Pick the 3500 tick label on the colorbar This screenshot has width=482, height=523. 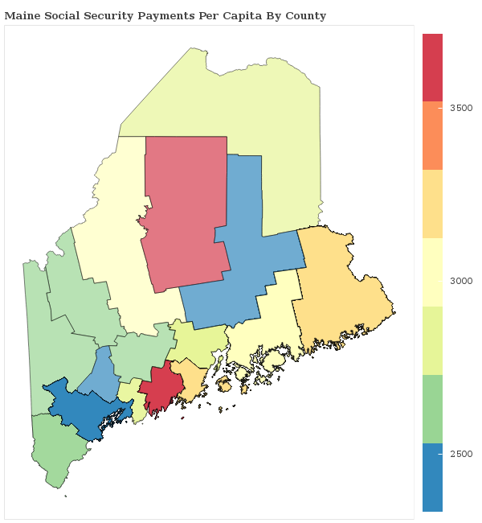tap(461, 107)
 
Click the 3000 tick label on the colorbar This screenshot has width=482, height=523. tap(461, 281)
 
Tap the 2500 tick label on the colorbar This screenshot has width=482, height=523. tap(461, 454)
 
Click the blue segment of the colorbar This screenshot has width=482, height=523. tap(432, 476)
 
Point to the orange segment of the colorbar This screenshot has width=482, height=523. tap(432, 135)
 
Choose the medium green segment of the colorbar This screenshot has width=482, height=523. tap(432, 409)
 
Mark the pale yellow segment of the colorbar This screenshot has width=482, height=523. tap(432, 272)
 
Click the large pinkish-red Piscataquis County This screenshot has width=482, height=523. tap(185, 209)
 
